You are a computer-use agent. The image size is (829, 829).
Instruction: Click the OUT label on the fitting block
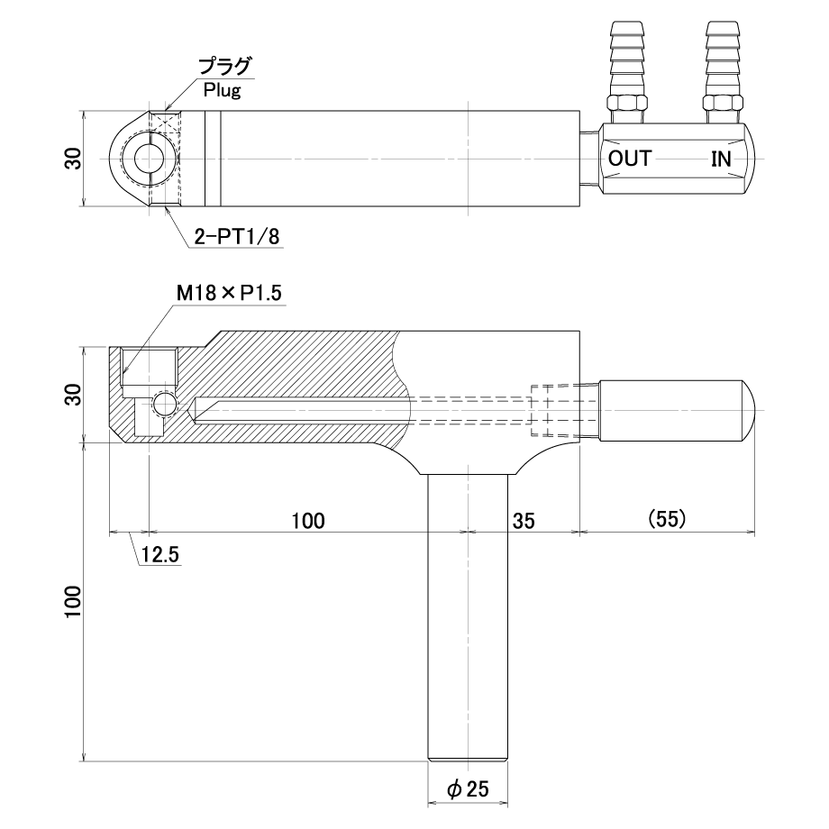coord(630,159)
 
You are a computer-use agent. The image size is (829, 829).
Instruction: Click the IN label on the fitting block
coord(721,159)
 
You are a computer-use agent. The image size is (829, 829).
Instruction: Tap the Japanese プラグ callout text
coord(224,68)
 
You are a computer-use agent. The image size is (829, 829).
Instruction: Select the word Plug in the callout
coord(222,90)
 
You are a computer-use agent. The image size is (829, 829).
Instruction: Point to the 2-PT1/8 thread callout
coord(237,236)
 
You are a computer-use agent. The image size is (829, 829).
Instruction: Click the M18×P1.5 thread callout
coord(230,292)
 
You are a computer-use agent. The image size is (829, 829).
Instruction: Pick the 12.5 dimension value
coord(160,554)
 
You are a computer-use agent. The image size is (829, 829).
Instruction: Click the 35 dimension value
coord(524,521)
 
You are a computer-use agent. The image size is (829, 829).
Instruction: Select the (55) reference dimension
coord(667,519)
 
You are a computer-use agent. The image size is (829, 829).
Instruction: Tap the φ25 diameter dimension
coord(468,789)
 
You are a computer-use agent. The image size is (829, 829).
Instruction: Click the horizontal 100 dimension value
coord(308,521)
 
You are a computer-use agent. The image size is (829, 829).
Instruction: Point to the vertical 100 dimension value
coord(73,602)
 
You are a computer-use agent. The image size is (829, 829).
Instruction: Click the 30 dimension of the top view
coord(73,159)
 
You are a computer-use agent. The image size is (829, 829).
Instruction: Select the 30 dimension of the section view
coord(73,395)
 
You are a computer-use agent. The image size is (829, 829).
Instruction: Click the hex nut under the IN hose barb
coord(724,103)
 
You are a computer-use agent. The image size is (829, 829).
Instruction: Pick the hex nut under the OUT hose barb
coord(627,103)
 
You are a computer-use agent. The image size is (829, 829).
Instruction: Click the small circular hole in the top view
coord(150,159)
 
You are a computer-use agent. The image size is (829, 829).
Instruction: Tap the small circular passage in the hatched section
coord(164,405)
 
